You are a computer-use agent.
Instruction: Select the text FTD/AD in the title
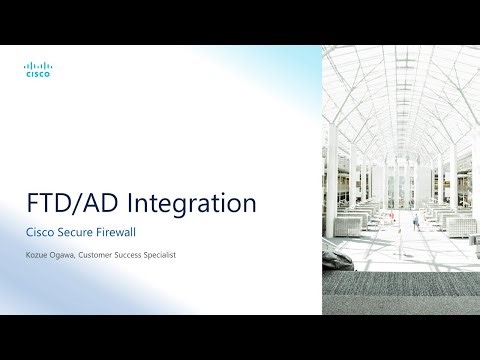click(x=69, y=204)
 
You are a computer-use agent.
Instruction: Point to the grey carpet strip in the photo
click(x=410, y=290)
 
